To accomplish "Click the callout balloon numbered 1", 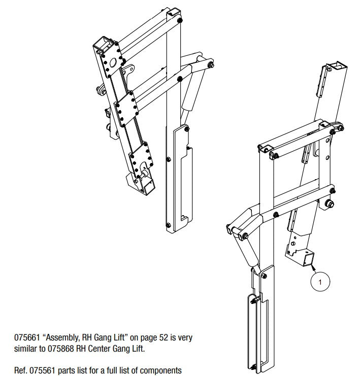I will (x=320, y=279).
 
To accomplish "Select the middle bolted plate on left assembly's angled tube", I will (x=124, y=109).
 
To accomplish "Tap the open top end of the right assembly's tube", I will (x=337, y=66).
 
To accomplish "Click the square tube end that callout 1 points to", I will (x=308, y=260).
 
